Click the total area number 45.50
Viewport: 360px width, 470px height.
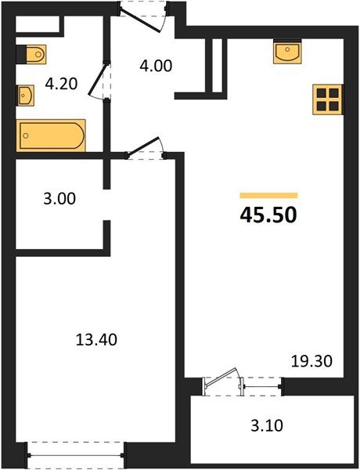(268, 214)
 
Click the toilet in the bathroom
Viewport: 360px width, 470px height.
(33, 54)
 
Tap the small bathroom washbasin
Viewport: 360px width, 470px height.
(25, 96)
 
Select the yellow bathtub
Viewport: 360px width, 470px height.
(52, 135)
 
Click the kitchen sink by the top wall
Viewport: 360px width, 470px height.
(289, 52)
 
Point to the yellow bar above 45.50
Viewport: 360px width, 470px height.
(268, 194)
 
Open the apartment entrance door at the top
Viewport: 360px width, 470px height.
(142, 13)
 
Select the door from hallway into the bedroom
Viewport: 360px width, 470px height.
(144, 149)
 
